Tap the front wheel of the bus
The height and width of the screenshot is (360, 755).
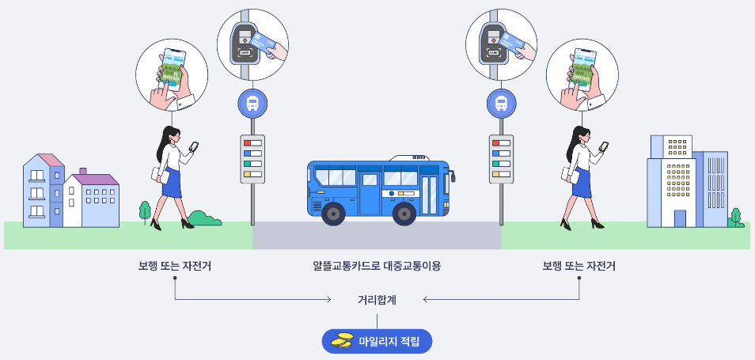click(404, 213)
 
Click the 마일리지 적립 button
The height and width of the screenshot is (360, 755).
click(377, 341)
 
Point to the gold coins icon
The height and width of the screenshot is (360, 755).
click(342, 341)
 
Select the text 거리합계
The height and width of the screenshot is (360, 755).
click(377, 300)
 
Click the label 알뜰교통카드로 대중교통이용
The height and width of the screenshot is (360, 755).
click(377, 267)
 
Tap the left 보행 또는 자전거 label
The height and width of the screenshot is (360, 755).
click(175, 267)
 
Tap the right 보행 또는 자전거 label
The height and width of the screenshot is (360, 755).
click(579, 267)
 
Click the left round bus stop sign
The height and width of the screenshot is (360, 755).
click(252, 104)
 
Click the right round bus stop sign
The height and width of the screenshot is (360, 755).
click(501, 104)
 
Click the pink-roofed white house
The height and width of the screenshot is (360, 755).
click(92, 201)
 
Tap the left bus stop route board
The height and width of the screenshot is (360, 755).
click(252, 158)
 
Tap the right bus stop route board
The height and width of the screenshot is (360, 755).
click(501, 158)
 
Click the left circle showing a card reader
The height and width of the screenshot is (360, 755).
click(252, 43)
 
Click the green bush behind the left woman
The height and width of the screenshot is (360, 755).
click(204, 218)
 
